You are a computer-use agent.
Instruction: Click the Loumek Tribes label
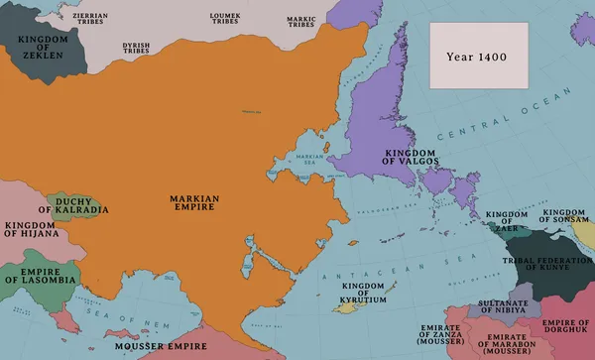[226, 19]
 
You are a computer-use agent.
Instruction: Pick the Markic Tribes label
[301, 19]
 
